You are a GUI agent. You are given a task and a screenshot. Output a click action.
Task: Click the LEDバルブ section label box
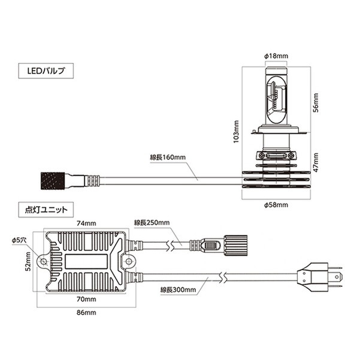[x=46, y=71]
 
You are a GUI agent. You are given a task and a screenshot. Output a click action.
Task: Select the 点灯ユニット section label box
[x=46, y=210]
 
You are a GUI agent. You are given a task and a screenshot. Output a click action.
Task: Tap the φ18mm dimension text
[x=276, y=56]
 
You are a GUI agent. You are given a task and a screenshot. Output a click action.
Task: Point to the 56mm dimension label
[x=316, y=102]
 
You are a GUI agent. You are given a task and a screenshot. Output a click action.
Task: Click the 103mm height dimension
[x=236, y=131]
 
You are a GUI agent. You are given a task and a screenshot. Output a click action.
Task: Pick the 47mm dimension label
[x=316, y=162]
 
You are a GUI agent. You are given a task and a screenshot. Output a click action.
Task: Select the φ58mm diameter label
[x=276, y=205]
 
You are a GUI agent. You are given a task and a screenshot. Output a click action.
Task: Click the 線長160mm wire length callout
[x=168, y=158]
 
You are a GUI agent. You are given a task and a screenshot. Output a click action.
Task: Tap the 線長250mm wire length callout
[x=152, y=222]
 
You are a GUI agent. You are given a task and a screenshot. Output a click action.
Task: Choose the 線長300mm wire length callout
[x=178, y=290]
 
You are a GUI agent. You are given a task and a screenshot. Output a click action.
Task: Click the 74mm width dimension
[x=86, y=223]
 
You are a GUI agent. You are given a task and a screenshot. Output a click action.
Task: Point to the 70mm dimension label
[x=86, y=299]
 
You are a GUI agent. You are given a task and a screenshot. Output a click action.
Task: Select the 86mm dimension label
[x=86, y=313]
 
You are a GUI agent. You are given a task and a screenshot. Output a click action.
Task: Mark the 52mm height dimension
[x=28, y=261]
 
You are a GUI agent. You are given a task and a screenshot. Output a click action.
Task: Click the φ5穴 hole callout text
[x=19, y=240]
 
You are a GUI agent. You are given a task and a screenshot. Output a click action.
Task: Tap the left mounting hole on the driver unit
[x=43, y=261]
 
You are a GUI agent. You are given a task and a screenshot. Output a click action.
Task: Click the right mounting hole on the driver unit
[x=129, y=261]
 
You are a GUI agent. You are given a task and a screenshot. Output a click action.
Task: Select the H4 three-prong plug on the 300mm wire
[x=320, y=277]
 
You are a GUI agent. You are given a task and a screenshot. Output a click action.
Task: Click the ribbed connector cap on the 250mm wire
[x=235, y=246]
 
